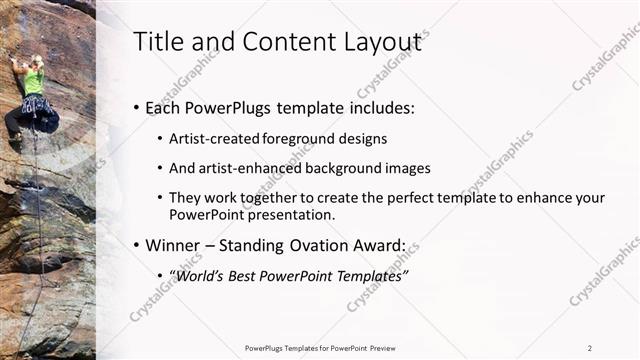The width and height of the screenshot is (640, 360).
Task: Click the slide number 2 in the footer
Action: pyautogui.click(x=590, y=348)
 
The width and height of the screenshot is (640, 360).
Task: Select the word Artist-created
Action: pyautogui.click(x=210, y=139)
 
